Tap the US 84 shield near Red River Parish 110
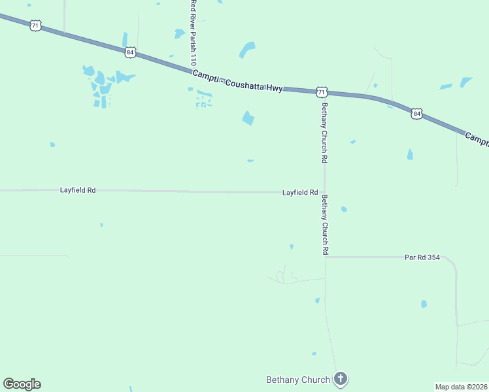tap(131, 51)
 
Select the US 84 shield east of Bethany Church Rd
tap(417, 114)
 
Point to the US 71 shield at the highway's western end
tap(35, 25)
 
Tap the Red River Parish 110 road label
tap(193, 31)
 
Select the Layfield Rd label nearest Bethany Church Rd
tap(300, 193)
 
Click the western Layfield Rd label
tap(78, 190)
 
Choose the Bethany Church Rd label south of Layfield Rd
tap(325, 225)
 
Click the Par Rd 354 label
tap(422, 257)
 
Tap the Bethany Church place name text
tap(297, 379)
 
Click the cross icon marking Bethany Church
tap(340, 378)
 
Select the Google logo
tap(22, 384)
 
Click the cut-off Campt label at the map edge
tap(477, 139)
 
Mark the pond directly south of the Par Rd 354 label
tap(424, 304)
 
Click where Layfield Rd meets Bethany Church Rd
tap(324, 192)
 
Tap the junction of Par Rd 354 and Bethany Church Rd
tap(326, 257)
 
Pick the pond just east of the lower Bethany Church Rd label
tap(344, 209)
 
